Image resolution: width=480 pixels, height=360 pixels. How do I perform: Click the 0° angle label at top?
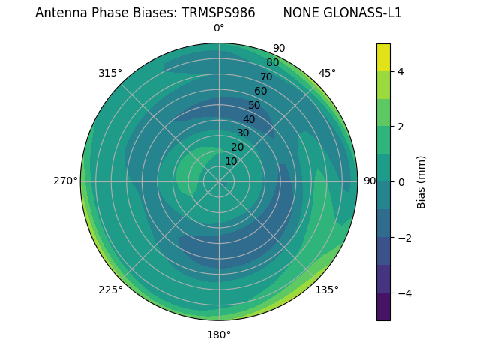(x=219, y=28)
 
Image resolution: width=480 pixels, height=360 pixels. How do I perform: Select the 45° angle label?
(x=327, y=73)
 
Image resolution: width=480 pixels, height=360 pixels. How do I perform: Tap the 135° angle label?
(x=327, y=289)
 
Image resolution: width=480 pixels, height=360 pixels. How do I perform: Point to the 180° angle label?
(x=219, y=334)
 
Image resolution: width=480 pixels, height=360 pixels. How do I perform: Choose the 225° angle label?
(x=110, y=289)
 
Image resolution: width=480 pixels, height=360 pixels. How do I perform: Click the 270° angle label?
(x=65, y=181)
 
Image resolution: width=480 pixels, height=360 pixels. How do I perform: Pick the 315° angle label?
(x=110, y=73)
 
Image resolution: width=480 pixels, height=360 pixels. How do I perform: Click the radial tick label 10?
(x=231, y=161)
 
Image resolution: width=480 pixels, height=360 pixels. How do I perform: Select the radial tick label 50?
(x=255, y=105)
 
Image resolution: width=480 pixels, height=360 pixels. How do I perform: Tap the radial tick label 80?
(x=272, y=63)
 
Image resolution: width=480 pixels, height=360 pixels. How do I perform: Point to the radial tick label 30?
(x=243, y=133)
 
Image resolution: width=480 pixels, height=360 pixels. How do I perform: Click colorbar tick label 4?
(x=400, y=71)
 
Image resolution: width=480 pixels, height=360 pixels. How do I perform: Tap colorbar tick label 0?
(x=400, y=182)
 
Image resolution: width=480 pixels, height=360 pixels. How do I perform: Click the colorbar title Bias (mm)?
(x=421, y=182)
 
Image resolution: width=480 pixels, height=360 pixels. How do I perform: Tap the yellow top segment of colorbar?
(x=383, y=57)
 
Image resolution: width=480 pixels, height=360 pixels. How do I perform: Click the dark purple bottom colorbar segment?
(x=383, y=306)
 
